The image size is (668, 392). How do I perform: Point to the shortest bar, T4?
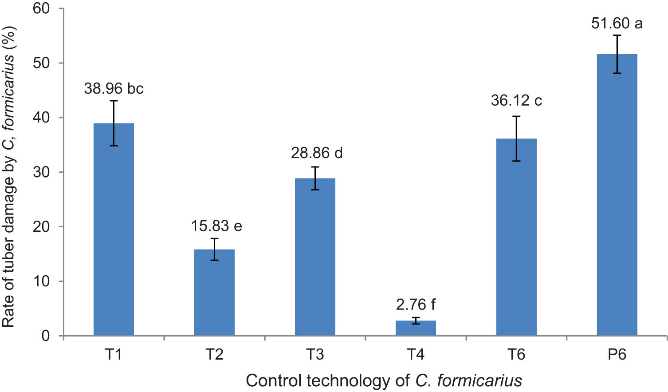point(416,328)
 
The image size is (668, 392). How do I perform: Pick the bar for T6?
point(516,237)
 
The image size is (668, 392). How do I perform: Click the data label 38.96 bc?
point(114,89)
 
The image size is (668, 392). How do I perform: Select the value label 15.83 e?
point(216,226)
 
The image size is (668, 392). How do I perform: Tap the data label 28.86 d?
point(317,153)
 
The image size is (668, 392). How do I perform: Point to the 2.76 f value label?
point(416,305)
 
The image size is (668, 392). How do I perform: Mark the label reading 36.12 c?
point(516,101)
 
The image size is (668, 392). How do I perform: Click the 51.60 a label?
point(617,23)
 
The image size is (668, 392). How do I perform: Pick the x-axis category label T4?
point(416,355)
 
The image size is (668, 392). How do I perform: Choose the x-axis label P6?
point(617,355)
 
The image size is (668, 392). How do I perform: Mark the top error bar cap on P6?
point(617,35)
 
